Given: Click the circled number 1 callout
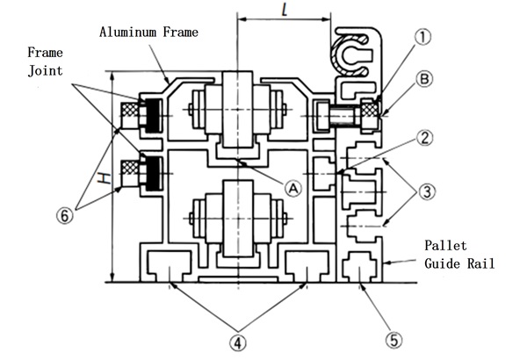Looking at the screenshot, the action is pyautogui.click(x=422, y=37).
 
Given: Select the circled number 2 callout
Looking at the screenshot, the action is pyautogui.click(x=425, y=138).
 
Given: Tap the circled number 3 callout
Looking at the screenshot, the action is pyautogui.click(x=427, y=192).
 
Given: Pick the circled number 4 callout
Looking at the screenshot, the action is pyautogui.click(x=238, y=343).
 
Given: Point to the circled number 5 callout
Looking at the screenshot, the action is pyautogui.click(x=393, y=340).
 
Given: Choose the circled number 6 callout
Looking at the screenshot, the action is pyautogui.click(x=64, y=215).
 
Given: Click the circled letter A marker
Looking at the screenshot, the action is pyautogui.click(x=293, y=189).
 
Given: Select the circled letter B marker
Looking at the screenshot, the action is pyautogui.click(x=424, y=79).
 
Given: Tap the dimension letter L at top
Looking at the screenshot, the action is pyautogui.click(x=285, y=10).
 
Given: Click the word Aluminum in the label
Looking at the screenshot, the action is pyautogui.click(x=128, y=32).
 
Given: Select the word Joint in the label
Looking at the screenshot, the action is pyautogui.click(x=46, y=70).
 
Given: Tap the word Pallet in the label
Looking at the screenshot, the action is pyautogui.click(x=445, y=245).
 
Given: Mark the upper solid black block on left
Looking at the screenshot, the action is pyautogui.click(x=153, y=116).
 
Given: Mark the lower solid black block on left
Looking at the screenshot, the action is pyautogui.click(x=153, y=174).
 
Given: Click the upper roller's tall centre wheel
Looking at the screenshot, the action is pyautogui.click(x=237, y=109).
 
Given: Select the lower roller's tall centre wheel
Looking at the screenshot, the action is pyautogui.click(x=238, y=219).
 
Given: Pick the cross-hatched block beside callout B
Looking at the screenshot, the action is pyautogui.click(x=371, y=109).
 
